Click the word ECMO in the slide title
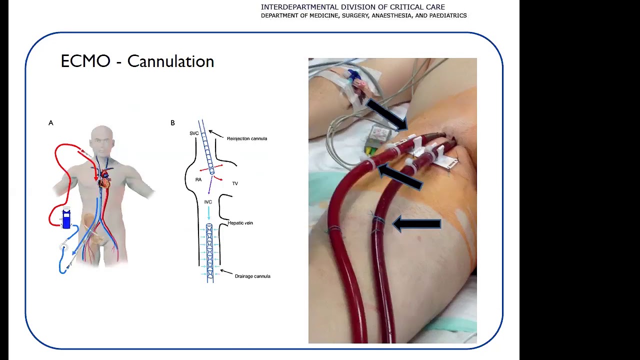[85, 61]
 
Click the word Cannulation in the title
[170, 61]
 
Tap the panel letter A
[51, 123]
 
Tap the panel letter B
[172, 123]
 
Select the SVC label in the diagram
[194, 133]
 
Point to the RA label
[198, 179]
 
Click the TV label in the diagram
[235, 183]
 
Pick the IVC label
[208, 202]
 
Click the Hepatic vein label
[240, 223]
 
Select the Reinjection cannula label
[247, 138]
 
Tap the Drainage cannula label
[252, 276]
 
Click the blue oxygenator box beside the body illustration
[66, 219]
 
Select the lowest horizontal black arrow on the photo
[417, 223]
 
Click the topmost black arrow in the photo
[387, 114]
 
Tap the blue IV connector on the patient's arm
[353, 75]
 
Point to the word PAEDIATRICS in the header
[448, 15]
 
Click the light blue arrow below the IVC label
[208, 213]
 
